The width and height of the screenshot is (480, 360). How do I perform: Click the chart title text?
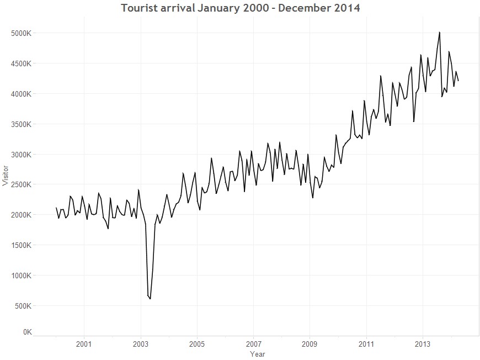point(240,8)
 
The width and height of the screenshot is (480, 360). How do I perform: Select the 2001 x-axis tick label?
point(84,344)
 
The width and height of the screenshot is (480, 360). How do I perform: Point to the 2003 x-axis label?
point(141,344)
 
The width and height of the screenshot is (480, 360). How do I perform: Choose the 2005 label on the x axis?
point(197,344)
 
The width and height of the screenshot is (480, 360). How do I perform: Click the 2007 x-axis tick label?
point(253,344)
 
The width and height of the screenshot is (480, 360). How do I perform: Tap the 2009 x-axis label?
point(310,344)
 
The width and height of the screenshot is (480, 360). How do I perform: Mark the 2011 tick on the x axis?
point(366,344)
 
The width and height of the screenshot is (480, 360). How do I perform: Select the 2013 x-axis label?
point(423,344)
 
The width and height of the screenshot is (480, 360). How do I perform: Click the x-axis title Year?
point(257,353)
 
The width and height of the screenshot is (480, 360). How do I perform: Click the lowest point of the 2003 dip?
point(150,299)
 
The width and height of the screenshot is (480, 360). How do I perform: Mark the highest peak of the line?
point(440,32)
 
